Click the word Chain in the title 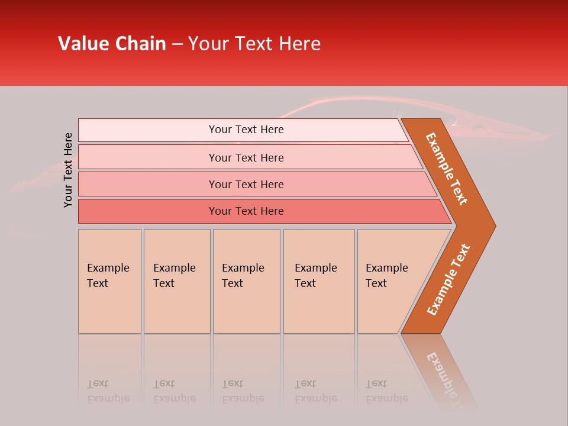point(140,44)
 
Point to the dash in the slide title point(177,44)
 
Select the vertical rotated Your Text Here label point(68,170)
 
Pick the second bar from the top point(246,157)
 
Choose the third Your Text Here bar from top point(246,184)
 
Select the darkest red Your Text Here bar point(246,211)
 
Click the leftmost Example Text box point(109,281)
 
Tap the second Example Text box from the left point(176,281)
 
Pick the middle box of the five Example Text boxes point(246,281)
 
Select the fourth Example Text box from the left point(319,281)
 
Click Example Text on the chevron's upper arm point(447,169)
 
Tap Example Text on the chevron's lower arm point(448,280)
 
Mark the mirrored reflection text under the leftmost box point(108,391)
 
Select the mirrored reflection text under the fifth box point(387,391)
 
